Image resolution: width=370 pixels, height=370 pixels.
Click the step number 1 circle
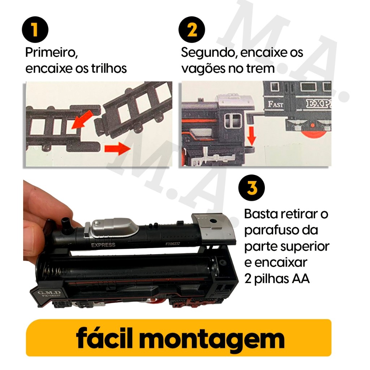click(35, 30)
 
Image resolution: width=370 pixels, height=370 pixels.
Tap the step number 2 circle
click(192, 30)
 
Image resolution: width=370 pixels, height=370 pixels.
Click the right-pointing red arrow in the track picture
click(117, 149)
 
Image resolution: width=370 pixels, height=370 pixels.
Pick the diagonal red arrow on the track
click(81, 120)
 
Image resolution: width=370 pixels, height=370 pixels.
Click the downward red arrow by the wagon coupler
click(252, 136)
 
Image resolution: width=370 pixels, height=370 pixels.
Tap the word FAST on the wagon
click(276, 104)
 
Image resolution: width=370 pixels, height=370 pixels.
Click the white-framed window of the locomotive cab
click(233, 121)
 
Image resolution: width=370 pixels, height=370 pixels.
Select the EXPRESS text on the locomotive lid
click(103, 245)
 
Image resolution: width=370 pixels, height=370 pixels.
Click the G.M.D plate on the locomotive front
click(46, 294)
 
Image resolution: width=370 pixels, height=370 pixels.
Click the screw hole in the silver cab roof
click(213, 221)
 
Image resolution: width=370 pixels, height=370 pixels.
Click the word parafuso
click(281, 230)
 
